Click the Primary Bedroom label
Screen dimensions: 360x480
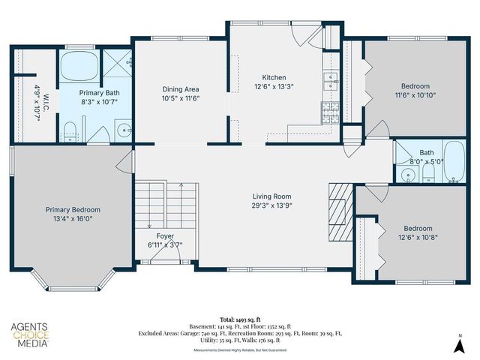pos(73,210)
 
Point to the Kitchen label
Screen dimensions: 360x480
pos(273,77)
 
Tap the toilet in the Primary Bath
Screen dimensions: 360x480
pos(71,133)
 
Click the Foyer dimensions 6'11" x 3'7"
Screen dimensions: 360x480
pos(164,244)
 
